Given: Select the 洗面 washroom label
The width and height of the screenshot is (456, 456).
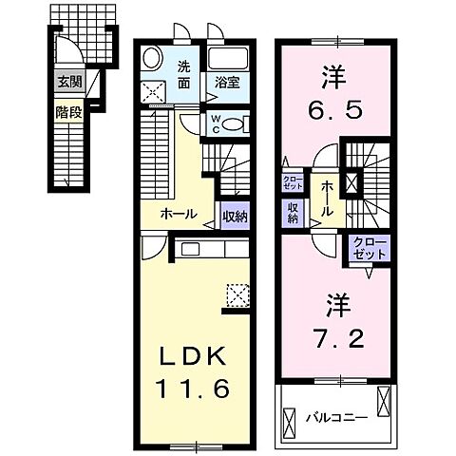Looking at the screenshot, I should pos(185,73).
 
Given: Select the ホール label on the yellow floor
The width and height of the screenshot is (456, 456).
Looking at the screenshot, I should pos(178,214).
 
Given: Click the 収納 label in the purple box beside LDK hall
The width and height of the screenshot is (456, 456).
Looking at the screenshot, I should pos(235,216).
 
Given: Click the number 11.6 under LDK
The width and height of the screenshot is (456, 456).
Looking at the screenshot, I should pos(193,389).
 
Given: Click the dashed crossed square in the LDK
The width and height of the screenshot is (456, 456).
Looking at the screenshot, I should pos(237,294).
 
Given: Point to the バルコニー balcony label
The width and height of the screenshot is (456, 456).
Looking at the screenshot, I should pos(332,415).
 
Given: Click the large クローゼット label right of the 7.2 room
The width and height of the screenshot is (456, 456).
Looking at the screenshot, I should pos(369,249).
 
